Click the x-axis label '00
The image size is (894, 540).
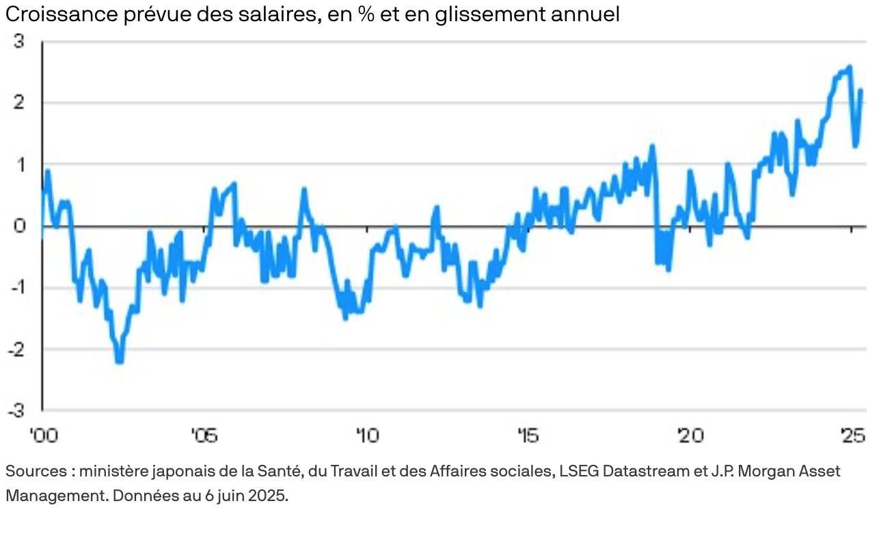click(42, 435)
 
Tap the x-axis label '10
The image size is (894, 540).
click(366, 435)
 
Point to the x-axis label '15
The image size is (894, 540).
click(528, 435)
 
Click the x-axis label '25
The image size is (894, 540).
click(851, 435)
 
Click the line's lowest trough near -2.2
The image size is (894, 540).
click(120, 360)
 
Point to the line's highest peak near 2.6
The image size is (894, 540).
click(849, 67)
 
